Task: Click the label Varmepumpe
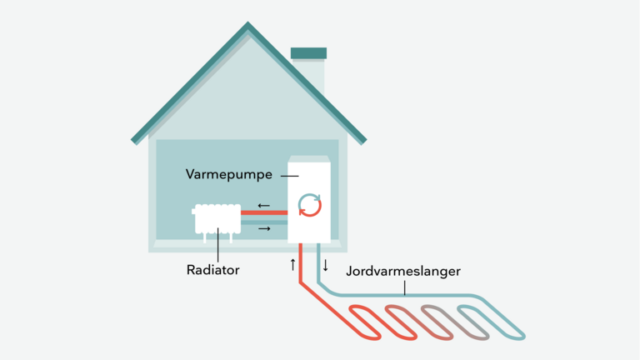[x=230, y=175]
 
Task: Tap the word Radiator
[x=213, y=270]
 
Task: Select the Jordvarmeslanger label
[x=402, y=271]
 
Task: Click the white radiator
[x=217, y=219]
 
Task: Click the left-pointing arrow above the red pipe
[x=263, y=205]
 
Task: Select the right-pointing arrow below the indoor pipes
[x=263, y=227]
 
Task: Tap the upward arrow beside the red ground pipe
[x=293, y=265]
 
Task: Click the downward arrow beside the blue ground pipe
[x=326, y=265]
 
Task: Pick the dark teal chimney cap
[x=308, y=53]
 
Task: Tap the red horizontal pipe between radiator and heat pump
[x=264, y=213]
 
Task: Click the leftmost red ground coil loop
[x=365, y=321]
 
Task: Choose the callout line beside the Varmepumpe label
[x=289, y=175]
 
